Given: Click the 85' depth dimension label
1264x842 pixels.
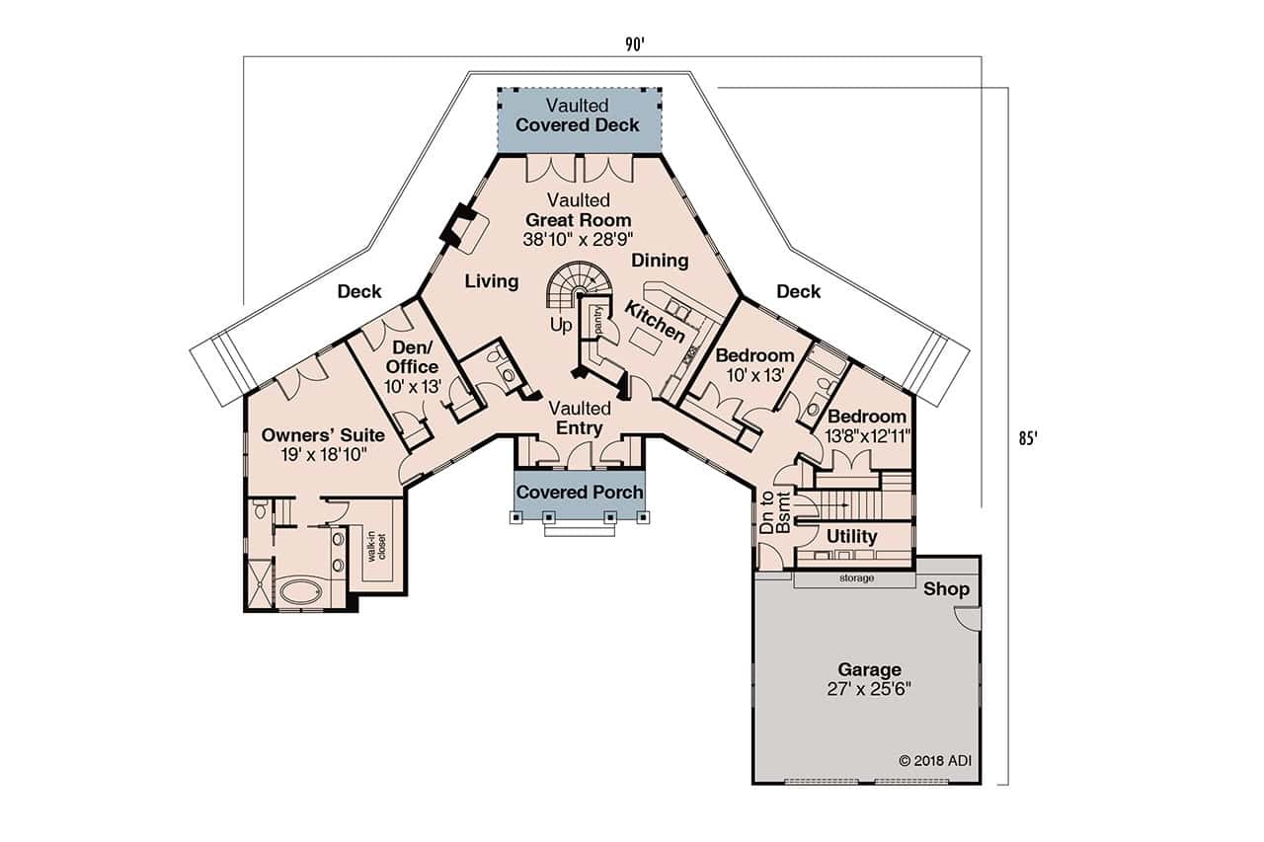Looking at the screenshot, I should (1029, 437).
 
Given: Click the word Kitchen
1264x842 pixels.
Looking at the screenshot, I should (655, 323).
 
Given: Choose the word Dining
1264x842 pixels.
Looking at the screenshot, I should (660, 261).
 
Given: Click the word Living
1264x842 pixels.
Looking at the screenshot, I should (492, 282).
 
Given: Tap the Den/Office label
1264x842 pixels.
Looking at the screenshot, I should (413, 357).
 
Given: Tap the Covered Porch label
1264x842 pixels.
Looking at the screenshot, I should (580, 492).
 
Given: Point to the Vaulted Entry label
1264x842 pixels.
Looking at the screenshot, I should (580, 418).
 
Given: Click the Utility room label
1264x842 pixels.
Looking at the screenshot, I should (851, 537).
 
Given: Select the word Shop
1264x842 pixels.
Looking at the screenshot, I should (947, 589).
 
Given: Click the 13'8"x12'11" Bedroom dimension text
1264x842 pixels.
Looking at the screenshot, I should (867, 435).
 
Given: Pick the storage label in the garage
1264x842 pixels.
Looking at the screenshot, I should (855, 578).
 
